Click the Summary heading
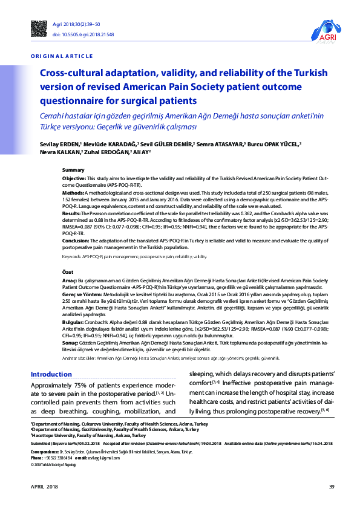point(73,171)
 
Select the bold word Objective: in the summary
point(75,179)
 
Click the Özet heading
point(68,273)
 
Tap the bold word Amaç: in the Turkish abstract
point(70,281)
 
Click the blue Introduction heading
point(51,374)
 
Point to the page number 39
point(332,487)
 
